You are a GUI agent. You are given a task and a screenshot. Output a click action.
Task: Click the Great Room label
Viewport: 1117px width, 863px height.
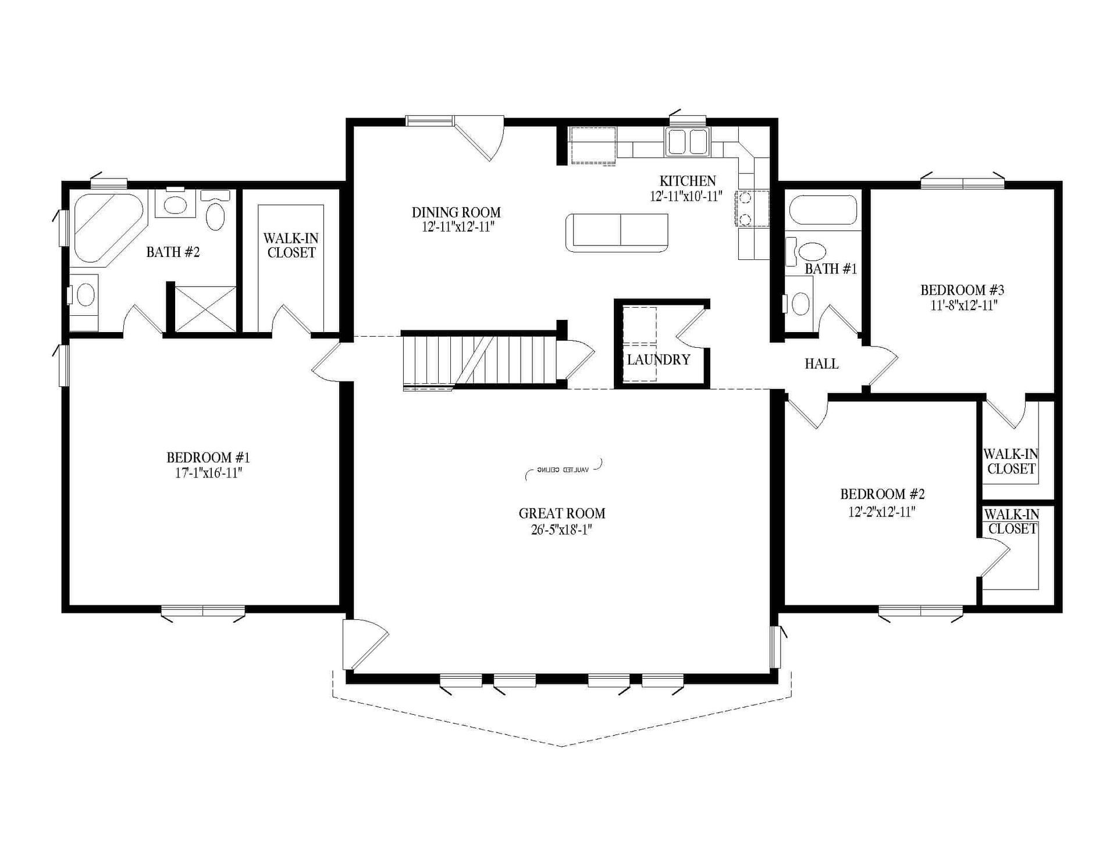561,513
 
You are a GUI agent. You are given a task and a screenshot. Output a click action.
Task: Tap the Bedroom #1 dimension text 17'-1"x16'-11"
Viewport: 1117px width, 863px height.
208,473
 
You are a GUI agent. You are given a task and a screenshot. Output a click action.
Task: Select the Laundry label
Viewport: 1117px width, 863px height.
658,359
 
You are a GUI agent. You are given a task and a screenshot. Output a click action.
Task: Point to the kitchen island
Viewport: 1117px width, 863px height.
616,233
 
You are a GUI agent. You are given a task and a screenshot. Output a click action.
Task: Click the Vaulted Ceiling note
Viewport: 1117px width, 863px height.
563,469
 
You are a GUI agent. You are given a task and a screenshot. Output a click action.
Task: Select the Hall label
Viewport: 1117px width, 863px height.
821,364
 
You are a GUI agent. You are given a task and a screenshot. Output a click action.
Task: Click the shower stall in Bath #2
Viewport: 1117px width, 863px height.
205,309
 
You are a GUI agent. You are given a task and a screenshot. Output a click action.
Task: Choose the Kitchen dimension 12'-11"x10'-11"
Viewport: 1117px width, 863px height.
686,197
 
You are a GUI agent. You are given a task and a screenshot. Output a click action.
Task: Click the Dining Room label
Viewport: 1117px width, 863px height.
456,212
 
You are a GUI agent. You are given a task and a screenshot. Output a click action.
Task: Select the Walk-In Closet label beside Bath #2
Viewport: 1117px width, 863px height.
291,245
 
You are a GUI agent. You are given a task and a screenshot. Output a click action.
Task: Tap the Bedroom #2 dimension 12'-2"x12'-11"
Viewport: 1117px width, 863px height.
882,512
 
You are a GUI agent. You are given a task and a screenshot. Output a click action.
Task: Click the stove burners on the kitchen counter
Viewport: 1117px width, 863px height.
744,208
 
